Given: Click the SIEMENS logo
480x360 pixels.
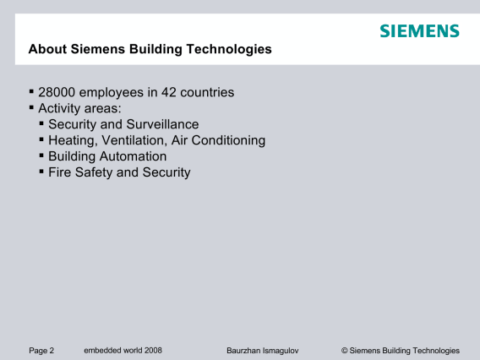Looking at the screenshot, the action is (x=420, y=31).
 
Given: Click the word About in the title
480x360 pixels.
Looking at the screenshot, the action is (x=47, y=49).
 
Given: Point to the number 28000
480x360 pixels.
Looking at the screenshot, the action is (x=57, y=92).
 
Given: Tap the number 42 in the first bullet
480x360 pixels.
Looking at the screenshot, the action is (x=169, y=92).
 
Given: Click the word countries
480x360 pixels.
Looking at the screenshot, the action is (x=207, y=92).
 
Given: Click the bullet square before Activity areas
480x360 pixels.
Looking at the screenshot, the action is (x=31, y=107).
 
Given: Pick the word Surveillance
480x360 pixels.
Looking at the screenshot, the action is (x=162, y=124).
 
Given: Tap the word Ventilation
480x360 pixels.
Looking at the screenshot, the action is (x=134, y=140).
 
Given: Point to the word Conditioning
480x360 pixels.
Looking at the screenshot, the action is (x=228, y=140).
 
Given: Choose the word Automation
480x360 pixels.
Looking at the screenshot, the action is (x=134, y=156).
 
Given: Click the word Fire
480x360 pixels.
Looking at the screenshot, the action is (x=60, y=172).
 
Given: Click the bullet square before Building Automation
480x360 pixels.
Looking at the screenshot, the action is (x=41, y=155).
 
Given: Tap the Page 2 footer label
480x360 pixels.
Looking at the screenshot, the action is (x=41, y=351).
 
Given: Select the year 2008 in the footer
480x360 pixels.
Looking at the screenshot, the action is (x=153, y=350).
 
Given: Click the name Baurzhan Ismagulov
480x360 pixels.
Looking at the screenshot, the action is (x=263, y=351).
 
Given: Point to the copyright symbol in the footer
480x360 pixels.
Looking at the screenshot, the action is (x=345, y=351).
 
